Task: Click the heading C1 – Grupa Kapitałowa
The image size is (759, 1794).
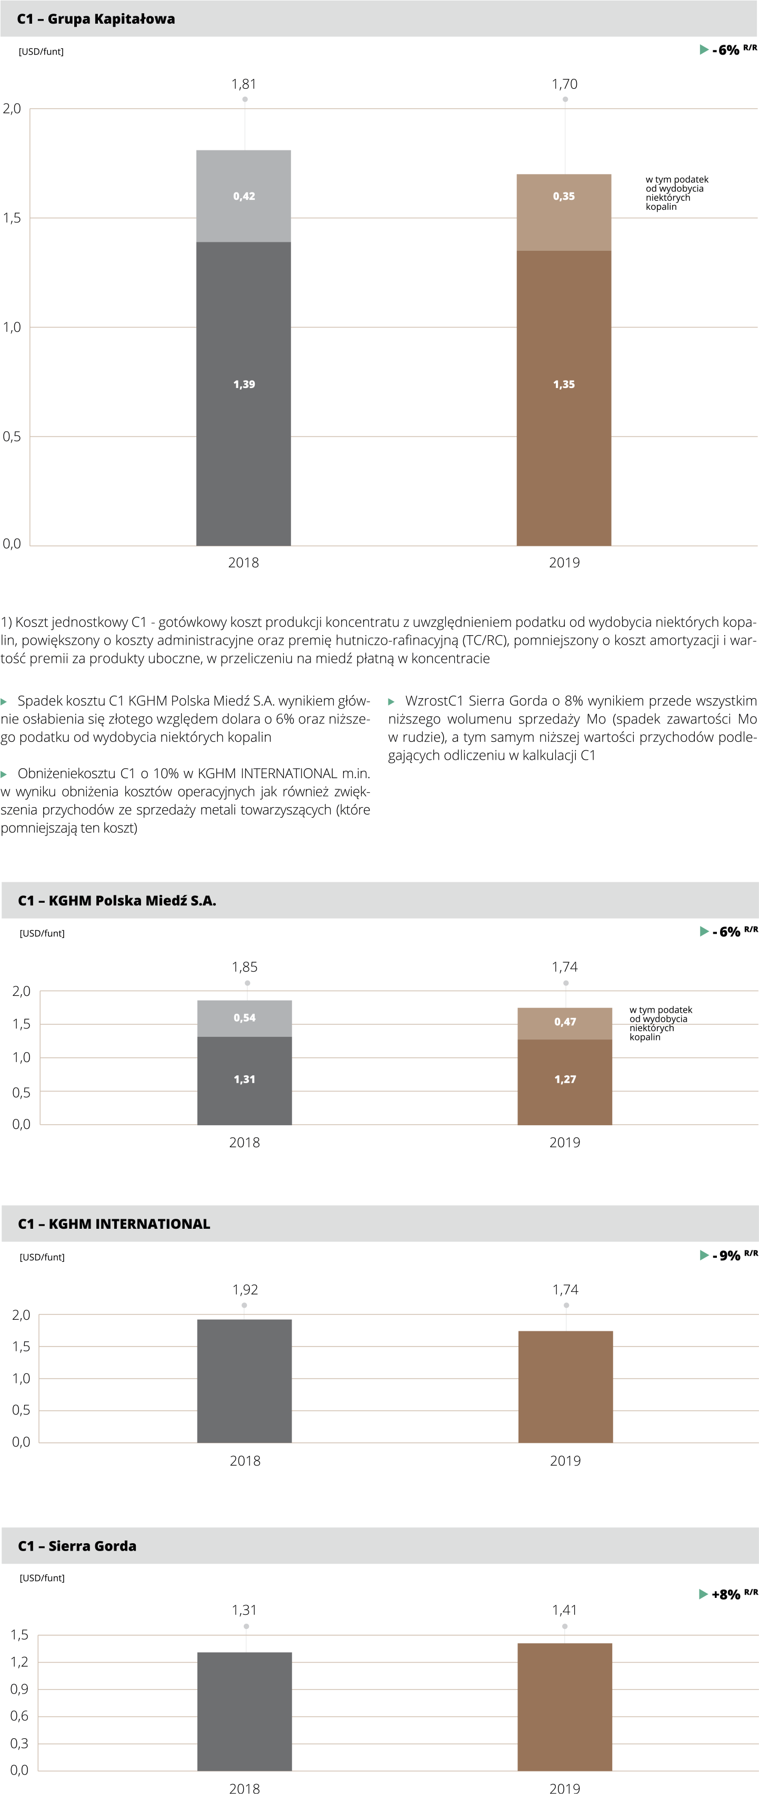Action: [x=96, y=19]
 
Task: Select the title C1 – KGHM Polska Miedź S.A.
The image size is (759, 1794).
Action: [x=117, y=901]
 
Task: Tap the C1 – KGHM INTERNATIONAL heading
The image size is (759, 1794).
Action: [x=114, y=1224]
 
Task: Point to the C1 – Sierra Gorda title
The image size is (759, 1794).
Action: [x=77, y=1545]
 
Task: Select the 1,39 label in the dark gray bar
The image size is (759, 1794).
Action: [x=244, y=384]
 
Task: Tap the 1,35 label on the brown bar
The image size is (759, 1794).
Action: [x=564, y=384]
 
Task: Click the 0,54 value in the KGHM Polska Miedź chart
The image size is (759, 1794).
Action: [x=245, y=1017]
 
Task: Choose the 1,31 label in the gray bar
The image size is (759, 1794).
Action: [x=245, y=1079]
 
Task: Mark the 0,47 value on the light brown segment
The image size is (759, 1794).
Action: [x=565, y=1022]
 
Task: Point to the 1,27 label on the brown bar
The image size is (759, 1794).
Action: [x=565, y=1079]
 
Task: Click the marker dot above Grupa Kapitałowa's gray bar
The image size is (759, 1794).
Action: [x=245, y=99]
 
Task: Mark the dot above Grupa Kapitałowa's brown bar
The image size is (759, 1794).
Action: [x=565, y=99]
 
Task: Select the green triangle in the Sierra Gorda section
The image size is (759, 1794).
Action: [x=704, y=1594]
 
